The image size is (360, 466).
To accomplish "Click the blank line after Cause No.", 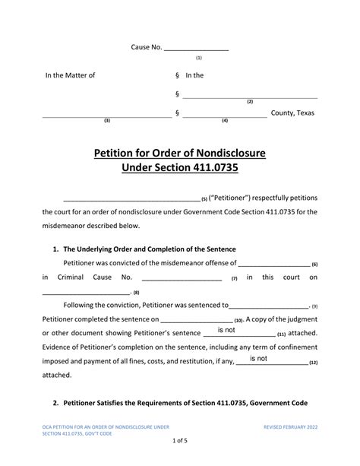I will coord(197,48).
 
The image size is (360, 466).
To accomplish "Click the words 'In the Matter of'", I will coord(71,75).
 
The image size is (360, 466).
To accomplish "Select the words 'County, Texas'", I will coord(292,113).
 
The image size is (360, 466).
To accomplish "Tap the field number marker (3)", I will coord(107,121).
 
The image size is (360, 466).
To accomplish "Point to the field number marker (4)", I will coord(225,121).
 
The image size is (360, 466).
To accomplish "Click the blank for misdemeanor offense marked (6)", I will coord(274,264).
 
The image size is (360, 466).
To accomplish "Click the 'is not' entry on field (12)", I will coord(258,358).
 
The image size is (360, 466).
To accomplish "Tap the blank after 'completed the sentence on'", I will coord(207,320).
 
